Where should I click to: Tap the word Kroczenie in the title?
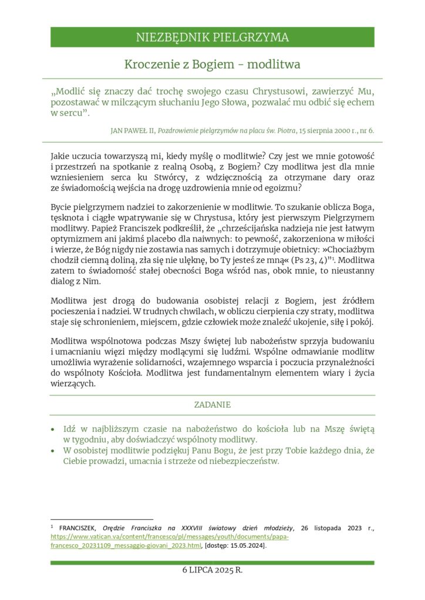149,64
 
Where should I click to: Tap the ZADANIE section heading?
212,404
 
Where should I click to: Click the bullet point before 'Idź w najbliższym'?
54,429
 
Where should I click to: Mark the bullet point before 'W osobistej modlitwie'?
54,451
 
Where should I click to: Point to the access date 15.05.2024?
247,546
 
